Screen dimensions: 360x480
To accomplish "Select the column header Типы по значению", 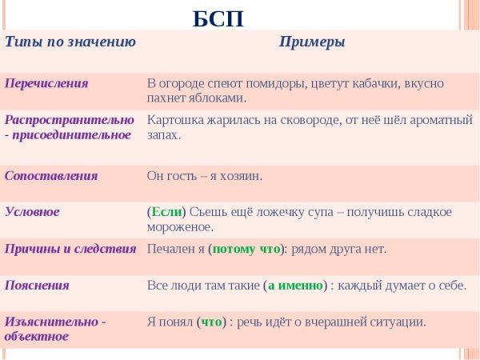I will coord(70,42).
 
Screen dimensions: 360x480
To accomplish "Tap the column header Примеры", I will coord(312,42).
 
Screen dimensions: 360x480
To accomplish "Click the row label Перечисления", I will coord(46,82).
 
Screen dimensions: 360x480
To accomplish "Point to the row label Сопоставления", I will coord(51,175).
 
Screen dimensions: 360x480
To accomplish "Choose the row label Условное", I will coord(33,211).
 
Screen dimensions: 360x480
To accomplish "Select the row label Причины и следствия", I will coord(70,248).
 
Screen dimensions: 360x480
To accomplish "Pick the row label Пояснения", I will coord(37,285).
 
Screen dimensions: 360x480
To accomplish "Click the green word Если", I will coord(166,212).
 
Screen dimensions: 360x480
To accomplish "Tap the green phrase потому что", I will coord(246,249).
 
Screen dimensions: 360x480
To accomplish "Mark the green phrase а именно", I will coord(295,285).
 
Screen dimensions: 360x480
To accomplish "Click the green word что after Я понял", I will coord(212,322).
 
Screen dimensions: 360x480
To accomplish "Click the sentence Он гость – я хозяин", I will coord(205,175).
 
